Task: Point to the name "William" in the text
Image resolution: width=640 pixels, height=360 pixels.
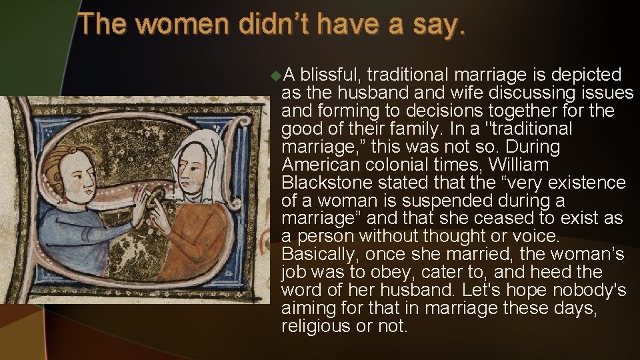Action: [519, 165]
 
